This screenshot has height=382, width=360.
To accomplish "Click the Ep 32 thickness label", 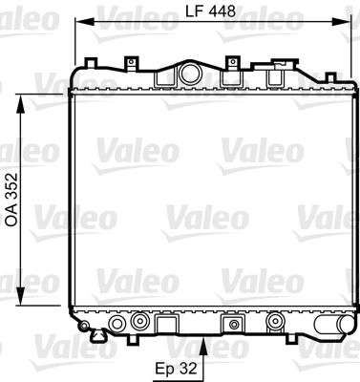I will click(x=179, y=365).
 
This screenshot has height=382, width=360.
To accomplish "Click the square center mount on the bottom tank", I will click(x=229, y=324).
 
